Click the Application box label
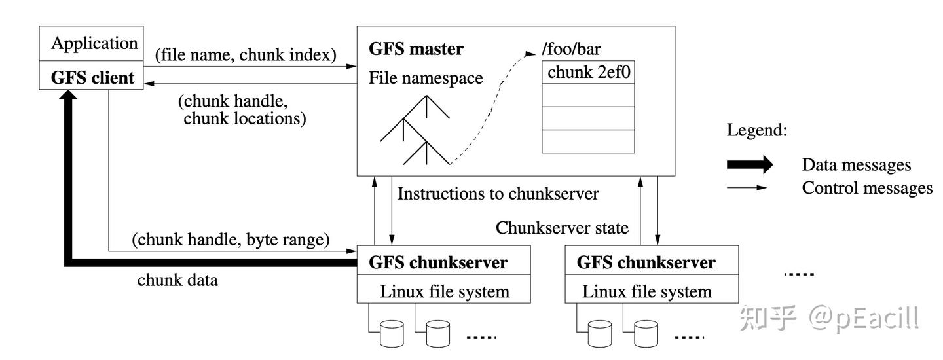pyautogui.click(x=94, y=44)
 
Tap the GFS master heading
pyautogui.click(x=416, y=49)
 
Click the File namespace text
pyautogui.click(x=426, y=79)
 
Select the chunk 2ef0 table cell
pyautogui.click(x=589, y=73)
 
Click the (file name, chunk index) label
pyautogui.click(x=246, y=55)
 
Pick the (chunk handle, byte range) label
pyautogui.click(x=231, y=240)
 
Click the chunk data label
pyautogui.click(x=177, y=280)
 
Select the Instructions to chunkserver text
pyautogui.click(x=498, y=194)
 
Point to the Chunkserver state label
pyautogui.click(x=562, y=228)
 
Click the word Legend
pyautogui.click(x=756, y=130)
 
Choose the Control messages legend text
pyautogui.click(x=867, y=189)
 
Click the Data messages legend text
pyautogui.click(x=857, y=166)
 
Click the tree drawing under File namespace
pyautogui.click(x=416, y=131)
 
